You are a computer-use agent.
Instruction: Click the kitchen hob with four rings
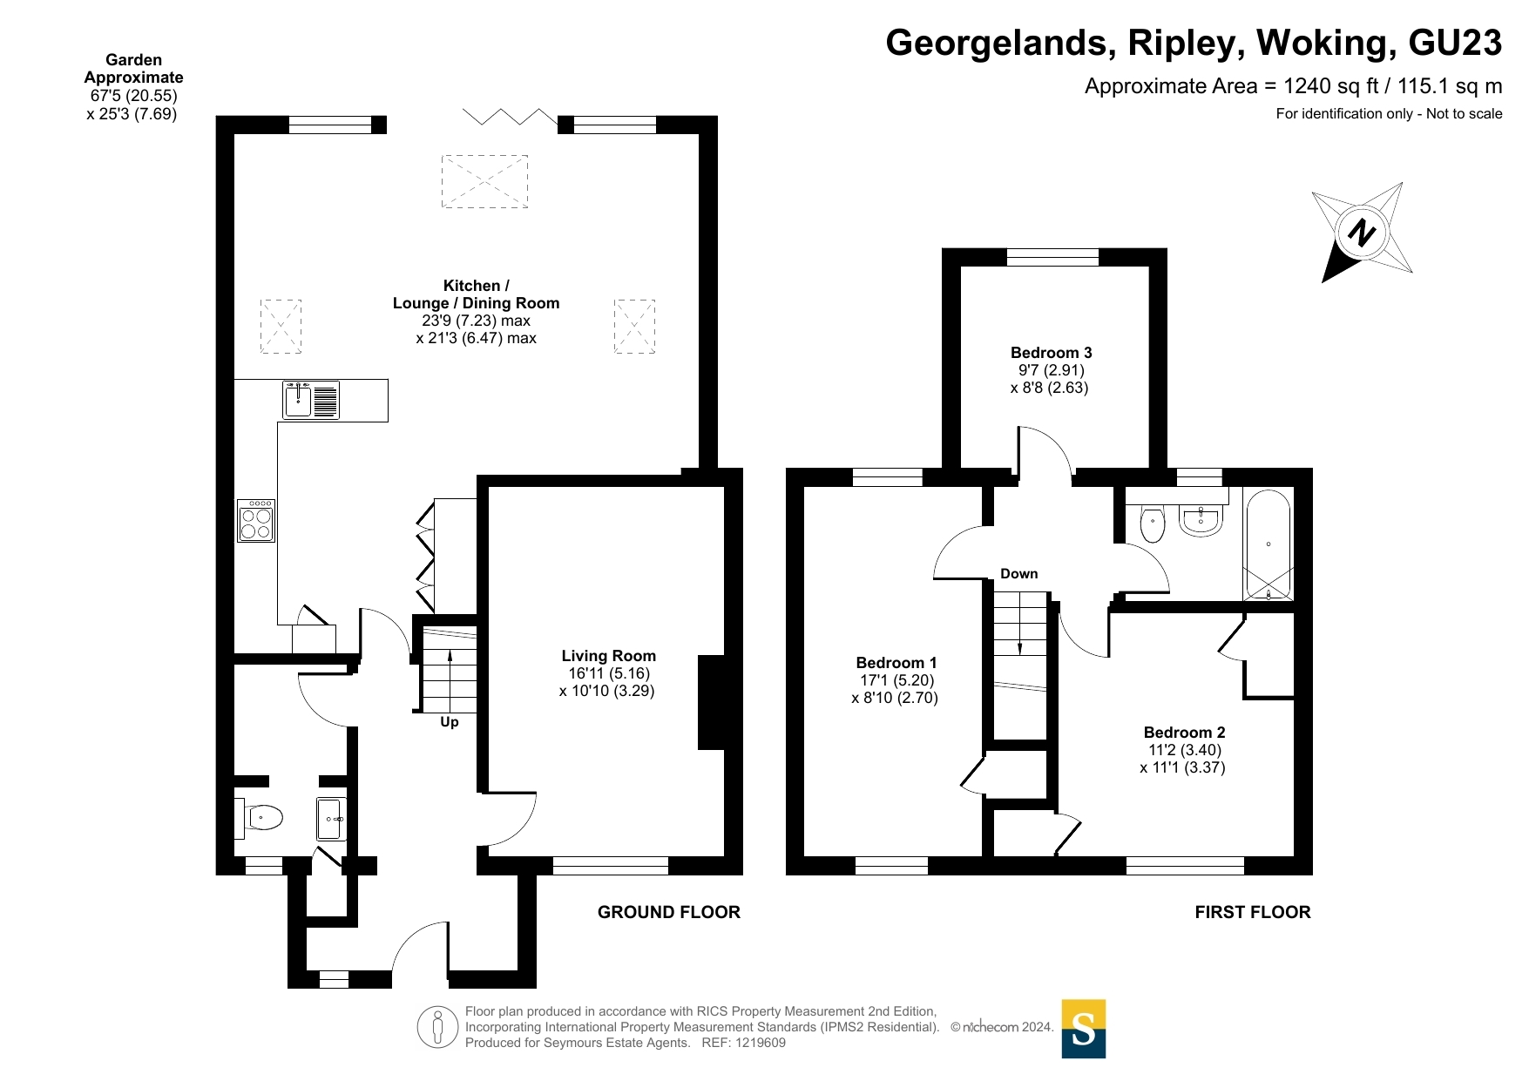point(256,521)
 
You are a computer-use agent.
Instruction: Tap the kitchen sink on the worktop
point(311,401)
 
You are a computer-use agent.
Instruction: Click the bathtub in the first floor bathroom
point(1268,545)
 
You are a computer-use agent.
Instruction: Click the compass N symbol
point(1362,233)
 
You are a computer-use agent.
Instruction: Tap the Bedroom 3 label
point(1051,353)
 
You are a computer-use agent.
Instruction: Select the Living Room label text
point(608,656)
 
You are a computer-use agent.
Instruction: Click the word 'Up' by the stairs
point(450,722)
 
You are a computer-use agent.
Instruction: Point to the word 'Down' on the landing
point(1019,574)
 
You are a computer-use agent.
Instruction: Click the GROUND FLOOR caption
point(669,912)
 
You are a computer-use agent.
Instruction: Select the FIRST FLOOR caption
point(1253,912)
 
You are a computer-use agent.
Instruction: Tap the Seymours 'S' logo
point(1084,1029)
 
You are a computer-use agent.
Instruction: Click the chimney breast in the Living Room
point(711,702)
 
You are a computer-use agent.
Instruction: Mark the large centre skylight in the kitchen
point(484,181)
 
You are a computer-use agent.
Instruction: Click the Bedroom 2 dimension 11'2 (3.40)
point(1185,750)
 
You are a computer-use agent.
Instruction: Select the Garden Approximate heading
point(133,69)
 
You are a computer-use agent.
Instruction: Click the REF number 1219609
point(761,1043)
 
